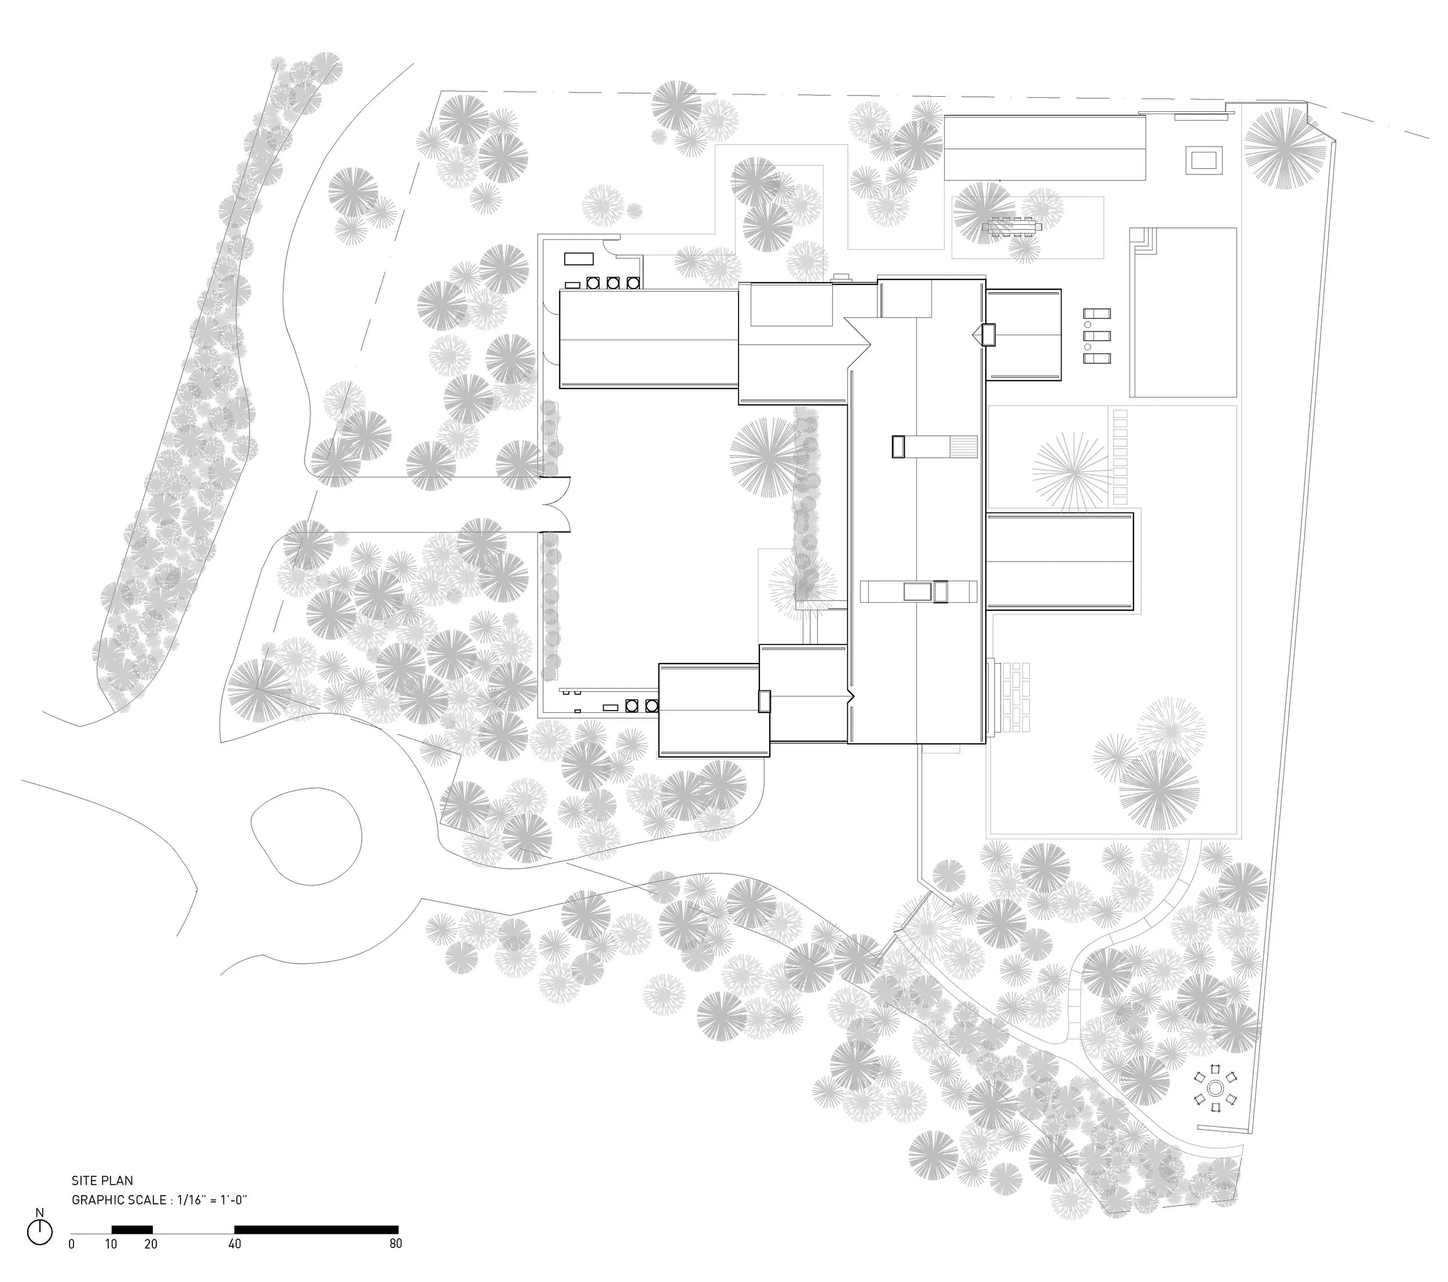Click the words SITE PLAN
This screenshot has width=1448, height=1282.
coord(102,1181)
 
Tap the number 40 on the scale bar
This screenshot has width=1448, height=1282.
coord(235,1244)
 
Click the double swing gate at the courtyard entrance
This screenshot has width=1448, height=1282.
coord(558,505)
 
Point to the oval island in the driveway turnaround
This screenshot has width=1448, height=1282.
coord(306,836)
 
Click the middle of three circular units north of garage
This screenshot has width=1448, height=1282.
coord(613,283)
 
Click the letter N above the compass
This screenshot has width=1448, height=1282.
coord(39,1212)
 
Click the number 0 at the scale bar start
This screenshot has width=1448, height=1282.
coord(72,1244)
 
